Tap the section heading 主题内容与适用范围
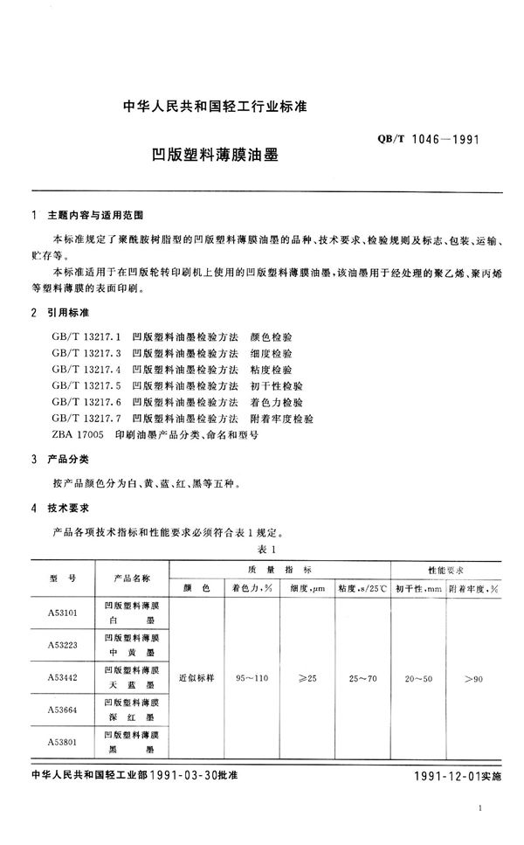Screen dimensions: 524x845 point(95,214)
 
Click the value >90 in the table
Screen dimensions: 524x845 point(473,676)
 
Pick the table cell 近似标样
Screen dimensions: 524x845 point(195,676)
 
